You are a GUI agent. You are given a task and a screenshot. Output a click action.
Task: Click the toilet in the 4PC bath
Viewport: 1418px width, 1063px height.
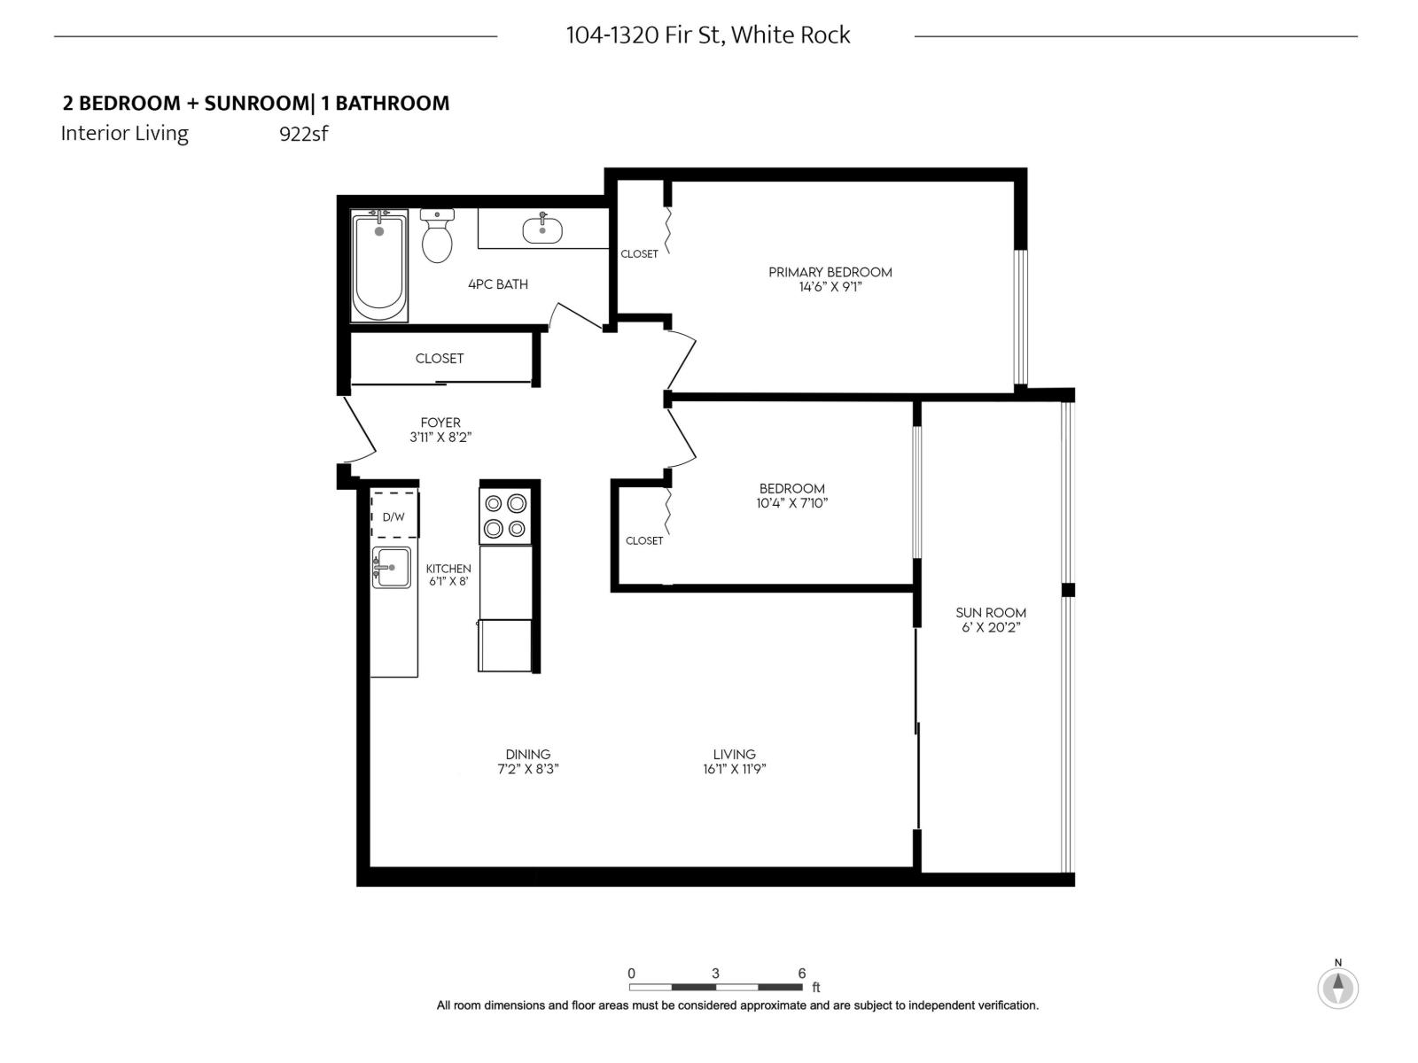coord(437,237)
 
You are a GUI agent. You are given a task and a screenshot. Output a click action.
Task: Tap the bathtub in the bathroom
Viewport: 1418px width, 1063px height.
coord(379,266)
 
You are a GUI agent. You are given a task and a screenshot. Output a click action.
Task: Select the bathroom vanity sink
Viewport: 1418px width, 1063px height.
coord(541,230)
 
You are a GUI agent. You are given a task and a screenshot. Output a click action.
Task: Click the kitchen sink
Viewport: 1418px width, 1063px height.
coord(392,567)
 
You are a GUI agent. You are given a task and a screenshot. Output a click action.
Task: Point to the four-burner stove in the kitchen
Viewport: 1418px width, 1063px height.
coord(505,516)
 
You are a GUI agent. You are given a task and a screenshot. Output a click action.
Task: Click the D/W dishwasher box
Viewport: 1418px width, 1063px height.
coord(394,516)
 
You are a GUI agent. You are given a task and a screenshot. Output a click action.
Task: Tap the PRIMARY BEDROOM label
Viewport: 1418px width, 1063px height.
coord(830,272)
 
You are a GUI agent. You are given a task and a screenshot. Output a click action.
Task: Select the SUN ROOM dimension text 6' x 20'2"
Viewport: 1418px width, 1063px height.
coord(991,627)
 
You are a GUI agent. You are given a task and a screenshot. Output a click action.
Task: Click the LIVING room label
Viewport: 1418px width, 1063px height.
coord(734,754)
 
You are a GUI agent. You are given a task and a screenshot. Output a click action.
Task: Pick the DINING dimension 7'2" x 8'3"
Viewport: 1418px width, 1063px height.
coord(528,769)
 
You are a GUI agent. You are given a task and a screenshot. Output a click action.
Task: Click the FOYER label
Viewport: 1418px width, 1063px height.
coord(440,423)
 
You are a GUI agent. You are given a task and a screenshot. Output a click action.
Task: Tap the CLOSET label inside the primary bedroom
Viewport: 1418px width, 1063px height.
coord(639,254)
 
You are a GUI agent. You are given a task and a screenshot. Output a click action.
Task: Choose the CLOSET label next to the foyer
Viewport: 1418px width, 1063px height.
coord(440,359)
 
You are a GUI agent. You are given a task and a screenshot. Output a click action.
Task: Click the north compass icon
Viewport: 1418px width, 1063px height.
coord(1337,987)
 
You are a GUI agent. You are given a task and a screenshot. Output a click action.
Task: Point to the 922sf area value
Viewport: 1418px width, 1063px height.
coord(303,135)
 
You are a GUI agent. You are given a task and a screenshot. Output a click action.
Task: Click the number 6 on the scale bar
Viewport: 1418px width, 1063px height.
coord(802,973)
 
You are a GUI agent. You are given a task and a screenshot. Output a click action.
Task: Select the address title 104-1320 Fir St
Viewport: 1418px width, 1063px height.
coord(708,35)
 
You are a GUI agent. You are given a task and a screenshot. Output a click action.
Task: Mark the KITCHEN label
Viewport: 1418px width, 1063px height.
coord(448,569)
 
